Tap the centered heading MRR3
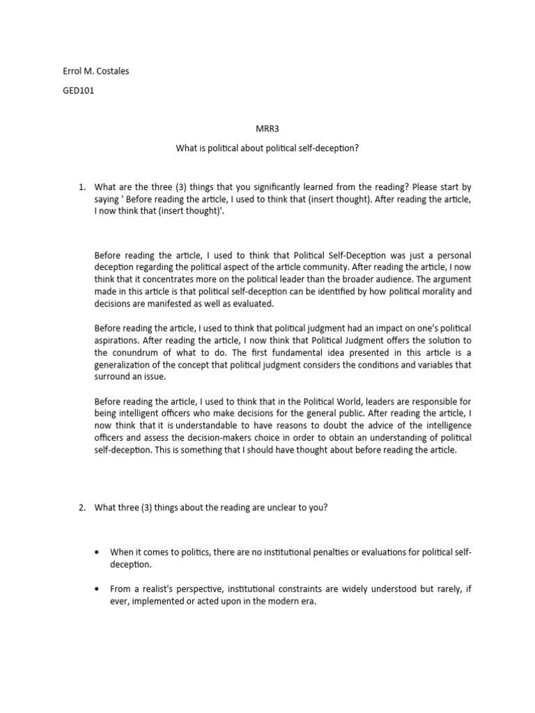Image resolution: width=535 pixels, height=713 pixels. [x=267, y=127]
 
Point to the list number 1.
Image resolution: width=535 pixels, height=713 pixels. [x=81, y=187]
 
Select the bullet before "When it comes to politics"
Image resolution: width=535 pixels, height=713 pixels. [x=96, y=552]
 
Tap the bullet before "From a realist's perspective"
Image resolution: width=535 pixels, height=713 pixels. [x=96, y=588]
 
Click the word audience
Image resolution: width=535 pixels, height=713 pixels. [x=397, y=279]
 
